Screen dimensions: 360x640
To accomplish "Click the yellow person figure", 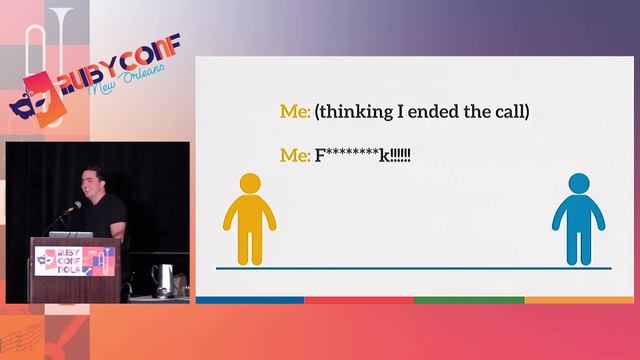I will pyautogui.click(x=249, y=220).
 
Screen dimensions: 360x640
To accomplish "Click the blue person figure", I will pyautogui.click(x=578, y=220).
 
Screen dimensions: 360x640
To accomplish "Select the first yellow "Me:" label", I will pyautogui.click(x=294, y=112).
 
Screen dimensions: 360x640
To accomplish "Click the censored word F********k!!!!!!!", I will pyautogui.click(x=363, y=156).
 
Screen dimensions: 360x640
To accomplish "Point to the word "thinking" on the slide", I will pyautogui.click(x=360, y=112).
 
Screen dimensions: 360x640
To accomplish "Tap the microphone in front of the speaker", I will pyautogui.click(x=72, y=208).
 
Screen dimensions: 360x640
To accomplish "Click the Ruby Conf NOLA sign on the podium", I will pyautogui.click(x=75, y=262).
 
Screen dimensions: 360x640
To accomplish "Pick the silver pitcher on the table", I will pyautogui.click(x=162, y=278).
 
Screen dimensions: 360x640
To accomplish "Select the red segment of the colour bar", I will pyautogui.click(x=359, y=300).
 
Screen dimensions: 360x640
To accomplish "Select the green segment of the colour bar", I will pyautogui.click(x=469, y=300).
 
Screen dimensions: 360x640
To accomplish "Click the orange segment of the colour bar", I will pyautogui.click(x=579, y=300).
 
